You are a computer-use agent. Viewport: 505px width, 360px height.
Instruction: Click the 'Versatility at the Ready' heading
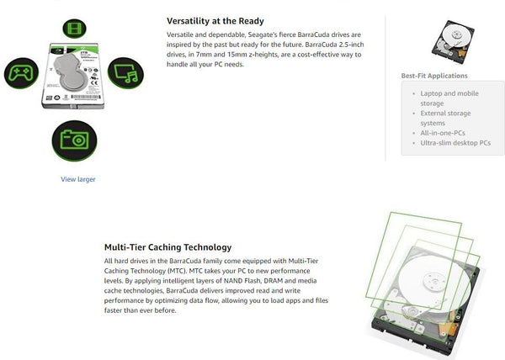pyautogui.click(x=215, y=21)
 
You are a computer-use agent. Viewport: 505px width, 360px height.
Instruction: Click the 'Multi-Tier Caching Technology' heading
pyautogui.click(x=167, y=247)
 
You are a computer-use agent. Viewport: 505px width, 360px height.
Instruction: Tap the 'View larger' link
pyautogui.click(x=77, y=179)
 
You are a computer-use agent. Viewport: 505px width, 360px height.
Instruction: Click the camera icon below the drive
pyautogui.click(x=74, y=138)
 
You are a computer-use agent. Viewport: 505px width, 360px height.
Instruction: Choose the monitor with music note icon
pyautogui.click(x=125, y=74)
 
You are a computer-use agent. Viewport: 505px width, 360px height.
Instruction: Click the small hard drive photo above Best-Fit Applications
pyautogui.click(x=453, y=40)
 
